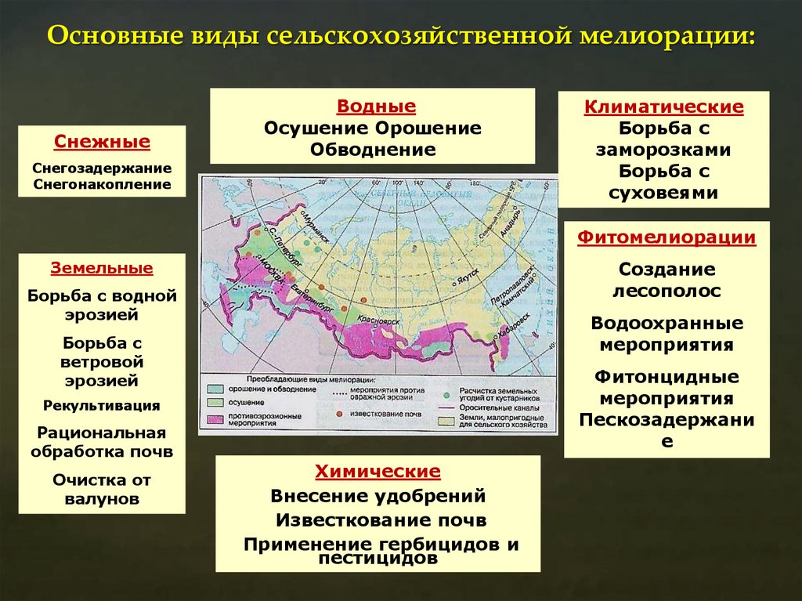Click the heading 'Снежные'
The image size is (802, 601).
click(102, 143)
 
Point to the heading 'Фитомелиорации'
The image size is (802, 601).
click(667, 237)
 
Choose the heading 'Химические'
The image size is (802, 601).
click(378, 472)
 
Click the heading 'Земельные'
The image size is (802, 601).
click(102, 268)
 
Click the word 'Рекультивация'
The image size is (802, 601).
click(102, 405)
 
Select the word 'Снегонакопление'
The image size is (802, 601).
click(102, 184)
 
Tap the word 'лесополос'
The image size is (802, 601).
click(667, 291)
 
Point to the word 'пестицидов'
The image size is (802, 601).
click(378, 559)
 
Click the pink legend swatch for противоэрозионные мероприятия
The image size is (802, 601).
click(215, 418)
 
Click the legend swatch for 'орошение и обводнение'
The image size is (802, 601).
click(215, 389)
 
